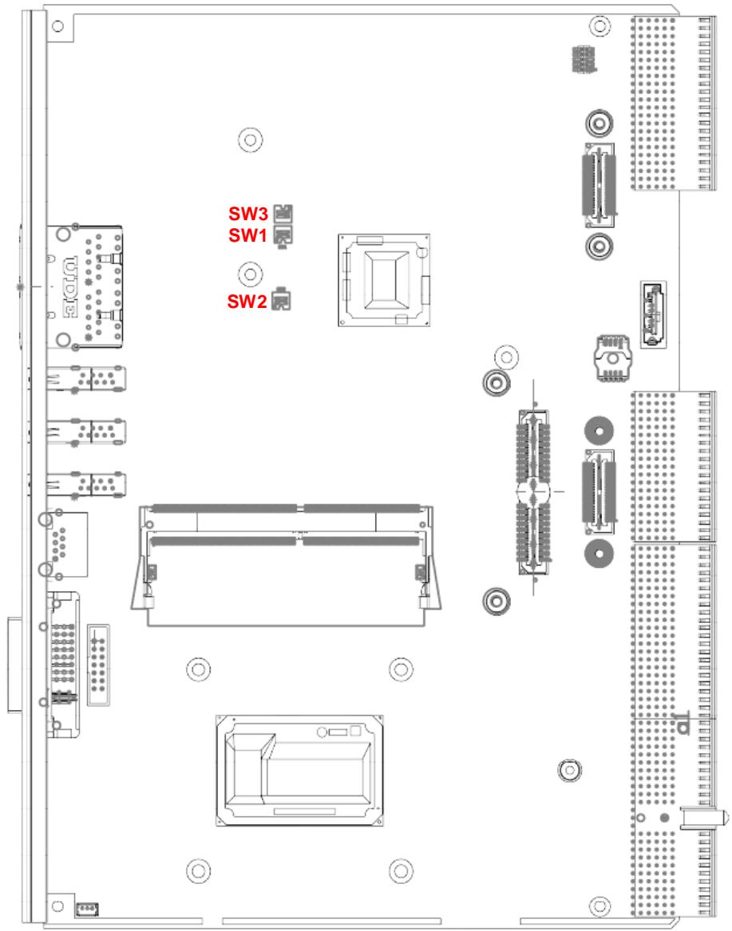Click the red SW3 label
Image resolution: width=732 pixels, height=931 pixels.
pyautogui.click(x=248, y=214)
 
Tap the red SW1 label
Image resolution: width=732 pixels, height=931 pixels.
pyautogui.click(x=247, y=235)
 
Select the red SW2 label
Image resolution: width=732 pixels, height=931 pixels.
pyautogui.click(x=247, y=302)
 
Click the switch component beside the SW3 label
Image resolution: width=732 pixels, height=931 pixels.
pyautogui.click(x=283, y=213)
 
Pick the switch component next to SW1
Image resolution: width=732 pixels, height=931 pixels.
pyautogui.click(x=283, y=235)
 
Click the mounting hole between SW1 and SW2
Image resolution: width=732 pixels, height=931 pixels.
pyautogui.click(x=250, y=274)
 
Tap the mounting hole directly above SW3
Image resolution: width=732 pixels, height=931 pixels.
pyautogui.click(x=250, y=140)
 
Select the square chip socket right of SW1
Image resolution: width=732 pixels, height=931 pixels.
pyautogui.click(x=385, y=280)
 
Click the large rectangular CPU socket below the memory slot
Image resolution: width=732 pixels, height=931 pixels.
pyautogui.click(x=299, y=771)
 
